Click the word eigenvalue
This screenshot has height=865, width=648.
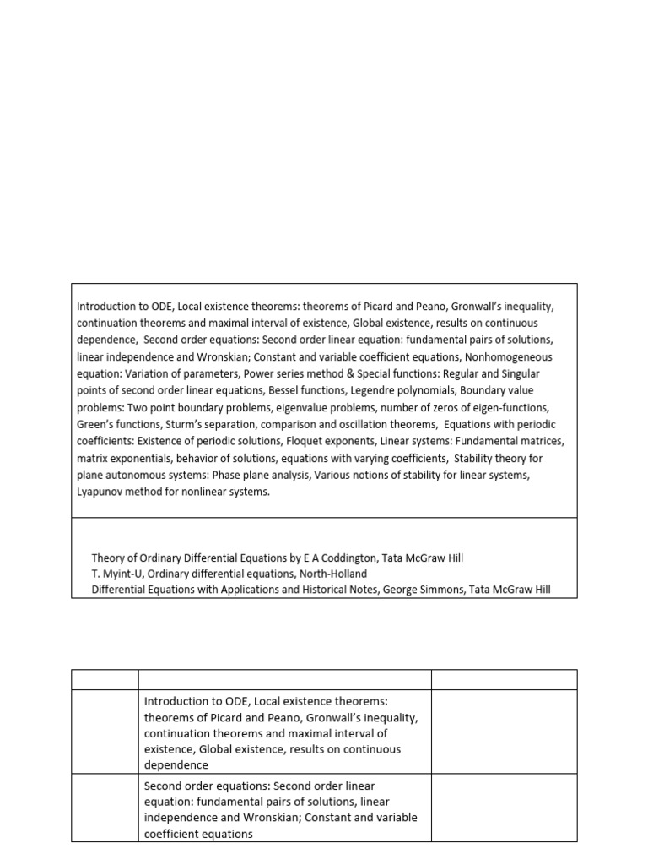[x=300, y=407]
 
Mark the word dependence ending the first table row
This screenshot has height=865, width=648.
[x=176, y=765]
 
